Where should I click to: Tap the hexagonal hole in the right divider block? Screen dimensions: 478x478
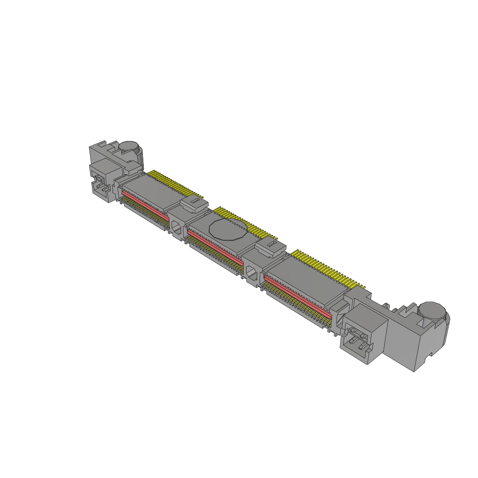pos(252,272)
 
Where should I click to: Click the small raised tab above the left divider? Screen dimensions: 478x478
pos(193,204)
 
